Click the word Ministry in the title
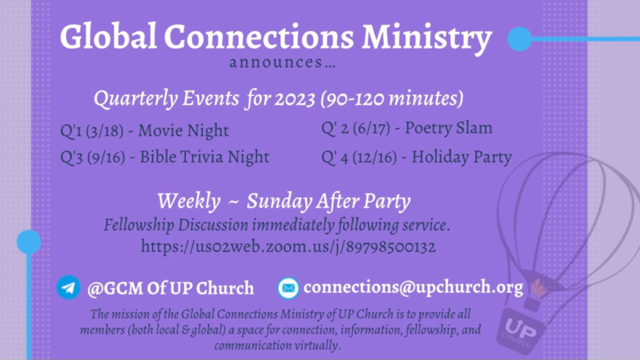[x=427, y=38]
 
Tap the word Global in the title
[x=108, y=36]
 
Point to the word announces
[x=276, y=62]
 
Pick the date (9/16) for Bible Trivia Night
[x=106, y=157]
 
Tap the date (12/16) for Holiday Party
[x=374, y=157]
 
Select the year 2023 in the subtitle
[x=295, y=98]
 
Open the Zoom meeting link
[x=288, y=247]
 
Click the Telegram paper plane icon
[x=69, y=287]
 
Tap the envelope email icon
[x=288, y=287]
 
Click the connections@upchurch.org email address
[x=413, y=287]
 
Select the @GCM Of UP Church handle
[x=171, y=288]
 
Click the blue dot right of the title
[x=519, y=39]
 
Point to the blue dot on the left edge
[x=29, y=242]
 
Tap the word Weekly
[x=189, y=201]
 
